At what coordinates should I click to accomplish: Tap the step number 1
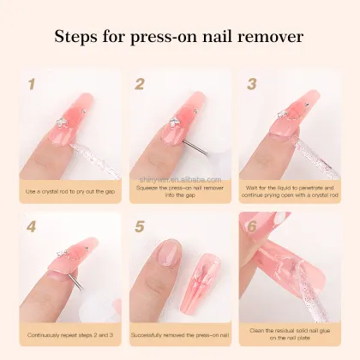click(x=32, y=84)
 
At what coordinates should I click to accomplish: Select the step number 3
click(x=251, y=84)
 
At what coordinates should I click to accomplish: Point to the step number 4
click(x=32, y=228)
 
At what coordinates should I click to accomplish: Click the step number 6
click(x=251, y=226)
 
